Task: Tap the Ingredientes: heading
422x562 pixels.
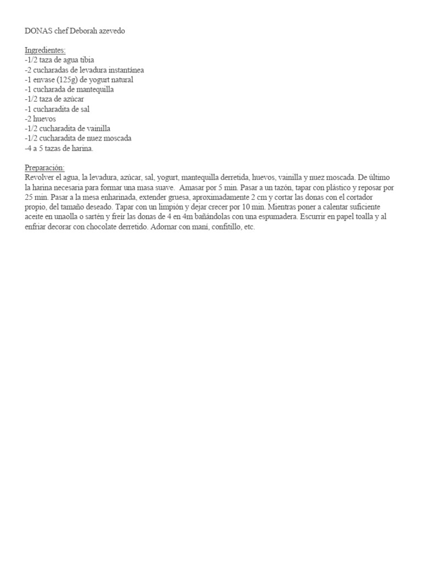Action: tap(45, 50)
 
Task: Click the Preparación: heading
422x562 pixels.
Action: tap(45, 167)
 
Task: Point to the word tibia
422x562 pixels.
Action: tap(92, 60)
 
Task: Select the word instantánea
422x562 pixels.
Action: tap(124, 70)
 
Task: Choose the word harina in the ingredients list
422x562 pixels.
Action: tap(81, 149)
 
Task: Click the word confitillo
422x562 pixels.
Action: tap(223, 227)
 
